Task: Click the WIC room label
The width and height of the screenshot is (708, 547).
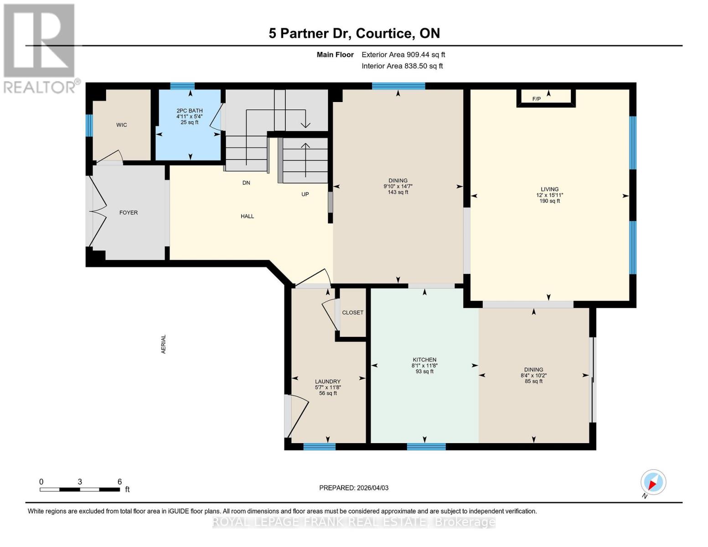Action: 121,125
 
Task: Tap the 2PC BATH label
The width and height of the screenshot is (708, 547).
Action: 190,111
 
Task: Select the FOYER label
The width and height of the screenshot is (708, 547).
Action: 129,212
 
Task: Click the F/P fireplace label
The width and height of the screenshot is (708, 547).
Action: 537,99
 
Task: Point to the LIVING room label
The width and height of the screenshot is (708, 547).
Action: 549,189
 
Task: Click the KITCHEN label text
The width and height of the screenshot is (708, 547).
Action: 424,360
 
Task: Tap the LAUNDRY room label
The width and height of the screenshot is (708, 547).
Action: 328,382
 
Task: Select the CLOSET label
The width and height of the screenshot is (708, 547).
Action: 353,313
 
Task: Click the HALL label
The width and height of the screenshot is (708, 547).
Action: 247,216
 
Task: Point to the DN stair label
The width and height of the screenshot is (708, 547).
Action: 246,183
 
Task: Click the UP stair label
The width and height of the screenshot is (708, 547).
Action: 305,194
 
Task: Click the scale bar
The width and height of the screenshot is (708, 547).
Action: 80,490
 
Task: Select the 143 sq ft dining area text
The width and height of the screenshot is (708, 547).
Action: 398,192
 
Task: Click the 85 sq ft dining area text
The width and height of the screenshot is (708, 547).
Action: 533,382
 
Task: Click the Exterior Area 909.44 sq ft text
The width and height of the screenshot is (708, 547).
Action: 403,55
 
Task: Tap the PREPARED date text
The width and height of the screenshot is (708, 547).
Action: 354,488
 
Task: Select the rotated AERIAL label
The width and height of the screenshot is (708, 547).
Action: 164,344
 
